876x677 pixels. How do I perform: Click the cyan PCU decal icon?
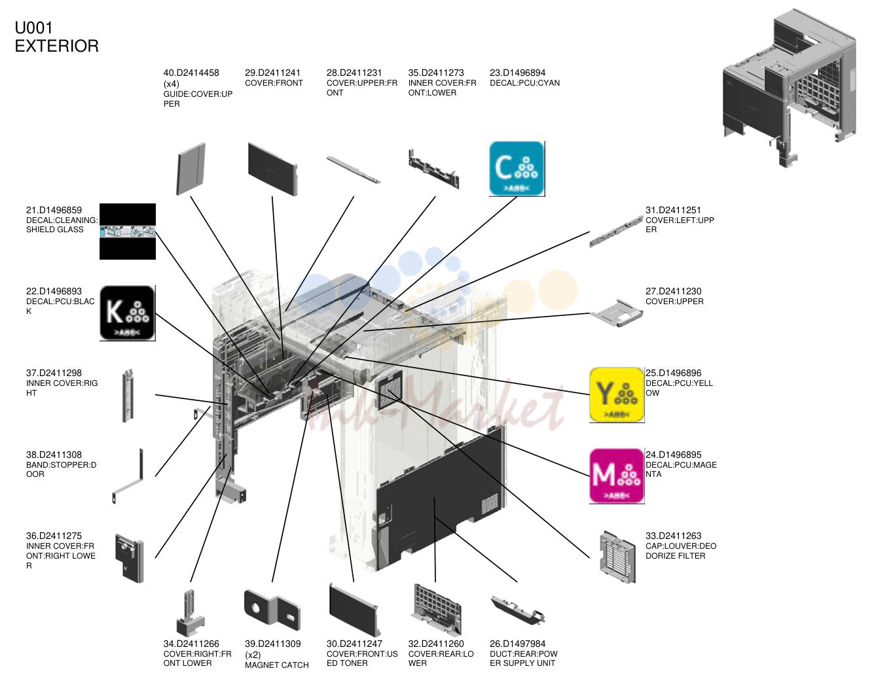(x=517, y=168)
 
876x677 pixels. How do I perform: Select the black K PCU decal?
(x=128, y=313)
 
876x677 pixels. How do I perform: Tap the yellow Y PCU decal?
(x=616, y=394)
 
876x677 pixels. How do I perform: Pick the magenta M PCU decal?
(x=616, y=476)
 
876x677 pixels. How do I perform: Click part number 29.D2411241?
(x=272, y=73)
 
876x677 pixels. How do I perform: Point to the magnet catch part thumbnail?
(x=272, y=610)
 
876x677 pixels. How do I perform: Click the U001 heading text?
(x=33, y=27)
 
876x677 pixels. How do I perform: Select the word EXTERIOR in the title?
(x=56, y=46)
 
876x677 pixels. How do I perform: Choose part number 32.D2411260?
(x=436, y=644)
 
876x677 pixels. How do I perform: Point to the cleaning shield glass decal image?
(x=128, y=231)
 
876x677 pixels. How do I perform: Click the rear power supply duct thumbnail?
(x=517, y=610)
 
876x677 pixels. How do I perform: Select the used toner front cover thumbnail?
(x=354, y=610)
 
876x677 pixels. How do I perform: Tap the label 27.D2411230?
(x=673, y=291)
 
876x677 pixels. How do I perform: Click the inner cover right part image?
(x=128, y=395)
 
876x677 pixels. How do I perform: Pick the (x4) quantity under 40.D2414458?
(x=171, y=84)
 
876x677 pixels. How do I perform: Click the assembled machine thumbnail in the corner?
(x=788, y=88)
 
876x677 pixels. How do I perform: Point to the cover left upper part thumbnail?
(x=616, y=232)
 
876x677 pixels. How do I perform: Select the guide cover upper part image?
(x=191, y=169)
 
